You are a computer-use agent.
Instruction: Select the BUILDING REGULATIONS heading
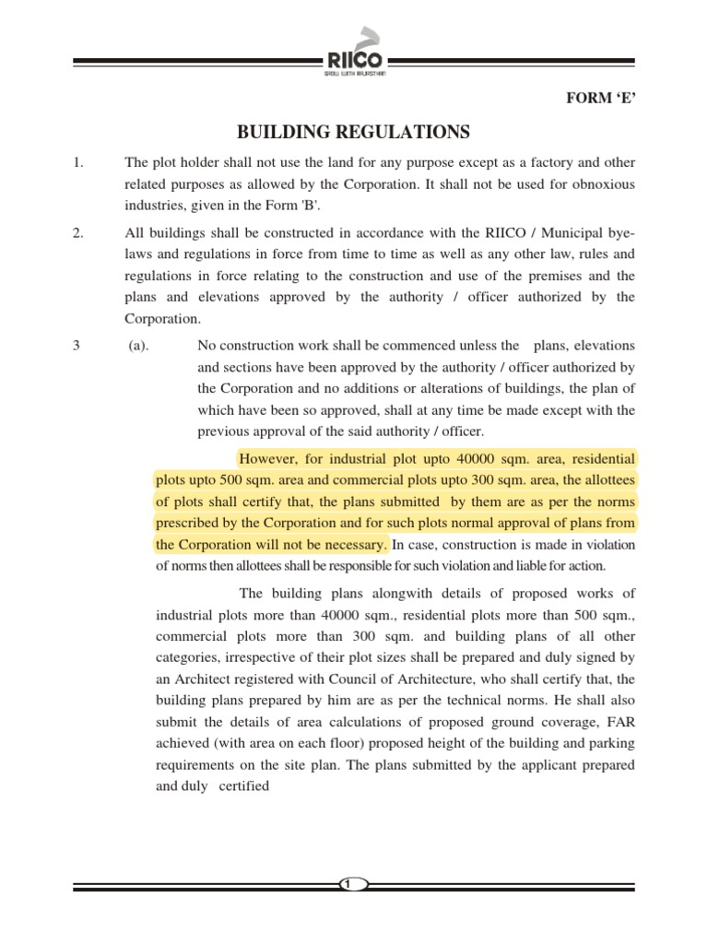354,132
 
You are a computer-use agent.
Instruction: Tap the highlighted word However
267,458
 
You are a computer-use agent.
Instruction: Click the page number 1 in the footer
348,884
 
